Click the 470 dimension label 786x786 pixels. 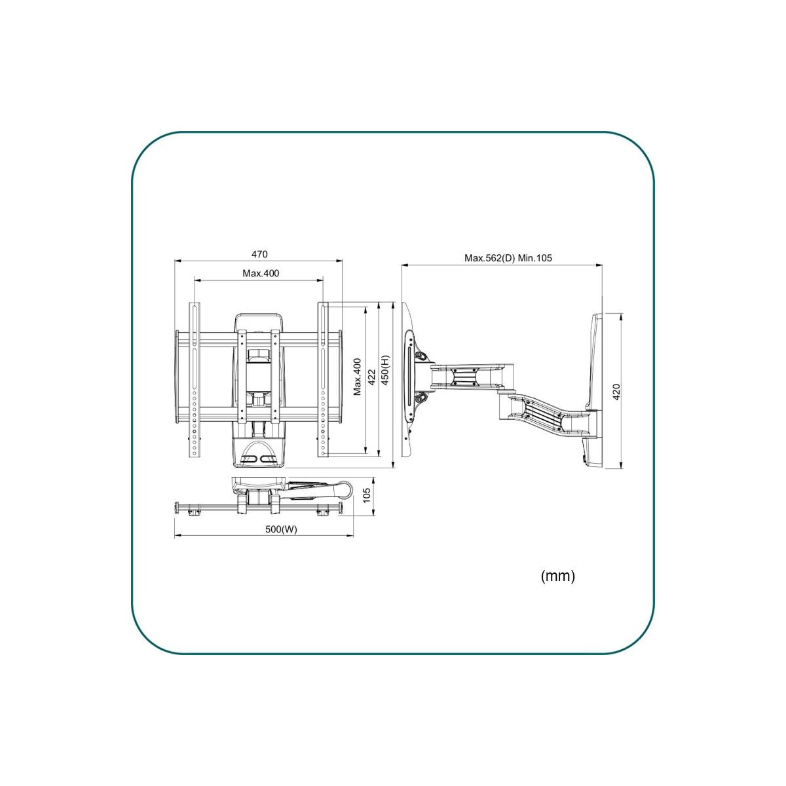pos(259,254)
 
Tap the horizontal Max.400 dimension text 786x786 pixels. pos(261,273)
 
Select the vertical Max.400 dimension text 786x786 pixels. pos(358,377)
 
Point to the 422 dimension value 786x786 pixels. pos(371,377)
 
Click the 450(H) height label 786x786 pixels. pos(385,370)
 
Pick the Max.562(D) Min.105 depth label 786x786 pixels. pos(508,258)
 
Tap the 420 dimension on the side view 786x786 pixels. pos(616,392)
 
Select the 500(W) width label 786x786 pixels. pos(282,529)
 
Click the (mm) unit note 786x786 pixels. pos(557,576)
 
